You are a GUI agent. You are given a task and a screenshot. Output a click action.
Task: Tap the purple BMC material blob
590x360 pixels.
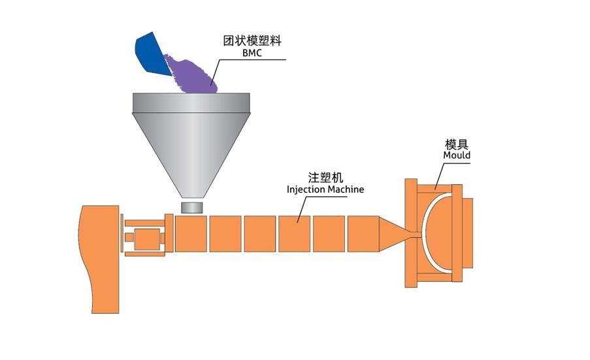pyautogui.click(x=193, y=72)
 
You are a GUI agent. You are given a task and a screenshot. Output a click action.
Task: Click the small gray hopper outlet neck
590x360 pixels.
pyautogui.click(x=192, y=207)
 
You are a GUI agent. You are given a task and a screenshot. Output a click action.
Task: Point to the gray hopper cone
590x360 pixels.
pyautogui.click(x=191, y=150)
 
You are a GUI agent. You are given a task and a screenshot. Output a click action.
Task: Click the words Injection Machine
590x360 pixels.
pyautogui.click(x=325, y=189)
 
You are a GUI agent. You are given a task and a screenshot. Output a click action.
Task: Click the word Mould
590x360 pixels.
pyautogui.click(x=457, y=155)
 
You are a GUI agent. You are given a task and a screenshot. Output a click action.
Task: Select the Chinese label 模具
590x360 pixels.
pyautogui.click(x=457, y=144)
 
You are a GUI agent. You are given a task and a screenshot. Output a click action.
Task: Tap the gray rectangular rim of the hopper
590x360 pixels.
pyautogui.click(x=191, y=102)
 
